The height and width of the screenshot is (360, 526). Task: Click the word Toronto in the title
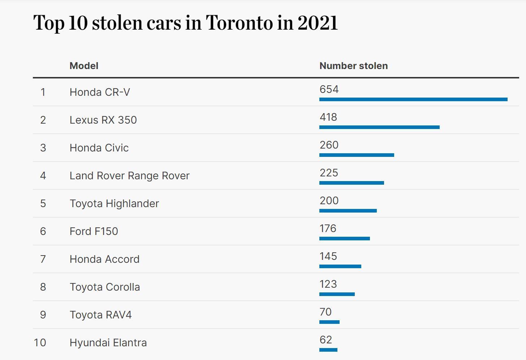tap(239, 23)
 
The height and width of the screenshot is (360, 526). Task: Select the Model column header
tap(84, 66)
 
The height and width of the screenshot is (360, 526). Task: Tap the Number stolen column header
tap(353, 66)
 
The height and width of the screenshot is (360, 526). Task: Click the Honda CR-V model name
tap(100, 92)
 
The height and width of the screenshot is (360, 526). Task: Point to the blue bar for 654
tap(413, 99)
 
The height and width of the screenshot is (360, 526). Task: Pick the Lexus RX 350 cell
tap(103, 120)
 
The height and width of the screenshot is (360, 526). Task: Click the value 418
tap(328, 117)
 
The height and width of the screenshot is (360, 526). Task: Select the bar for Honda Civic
tap(357, 155)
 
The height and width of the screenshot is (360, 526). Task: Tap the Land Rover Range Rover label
tap(129, 176)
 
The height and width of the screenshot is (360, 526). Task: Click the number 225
tap(329, 173)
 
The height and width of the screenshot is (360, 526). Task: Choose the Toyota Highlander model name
tap(114, 203)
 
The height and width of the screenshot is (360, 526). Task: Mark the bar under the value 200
tap(348, 211)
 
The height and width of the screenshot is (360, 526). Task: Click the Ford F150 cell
tap(94, 231)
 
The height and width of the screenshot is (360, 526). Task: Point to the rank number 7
tap(43, 259)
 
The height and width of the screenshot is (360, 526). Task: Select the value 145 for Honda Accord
tap(328, 256)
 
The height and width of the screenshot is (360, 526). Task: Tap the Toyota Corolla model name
tap(105, 287)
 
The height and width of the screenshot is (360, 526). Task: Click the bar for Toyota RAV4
tap(329, 322)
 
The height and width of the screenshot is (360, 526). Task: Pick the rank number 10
tap(40, 343)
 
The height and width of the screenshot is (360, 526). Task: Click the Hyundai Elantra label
tap(108, 343)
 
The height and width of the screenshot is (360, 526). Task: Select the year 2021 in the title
tap(318, 23)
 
